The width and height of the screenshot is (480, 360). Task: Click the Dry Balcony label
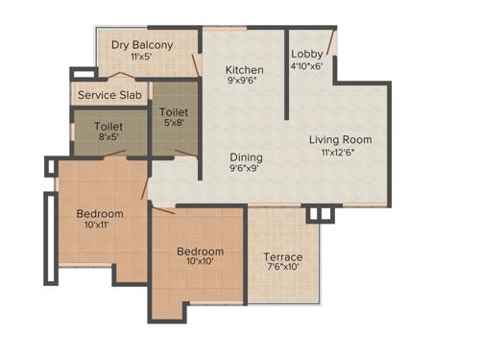[142, 44]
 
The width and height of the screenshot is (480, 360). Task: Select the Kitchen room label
[245, 70]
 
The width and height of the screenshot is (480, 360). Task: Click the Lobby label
[308, 54]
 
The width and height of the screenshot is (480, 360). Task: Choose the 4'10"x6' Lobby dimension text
[308, 66]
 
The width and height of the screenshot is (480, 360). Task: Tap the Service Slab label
[110, 95]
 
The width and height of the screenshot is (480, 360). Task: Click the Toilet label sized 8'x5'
[108, 124]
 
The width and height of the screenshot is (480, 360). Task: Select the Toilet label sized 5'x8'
[174, 111]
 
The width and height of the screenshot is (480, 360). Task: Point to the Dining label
[246, 156]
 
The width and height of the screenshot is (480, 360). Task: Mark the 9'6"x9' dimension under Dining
[245, 168]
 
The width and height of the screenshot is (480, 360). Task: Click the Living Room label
[340, 140]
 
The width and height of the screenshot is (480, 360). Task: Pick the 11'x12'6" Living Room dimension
[341, 153]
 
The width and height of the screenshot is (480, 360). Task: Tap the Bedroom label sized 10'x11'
[100, 213]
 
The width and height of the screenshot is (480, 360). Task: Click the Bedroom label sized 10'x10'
[200, 252]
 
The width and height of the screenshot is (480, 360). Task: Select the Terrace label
[283, 256]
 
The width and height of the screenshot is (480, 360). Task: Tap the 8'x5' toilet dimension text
[108, 136]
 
